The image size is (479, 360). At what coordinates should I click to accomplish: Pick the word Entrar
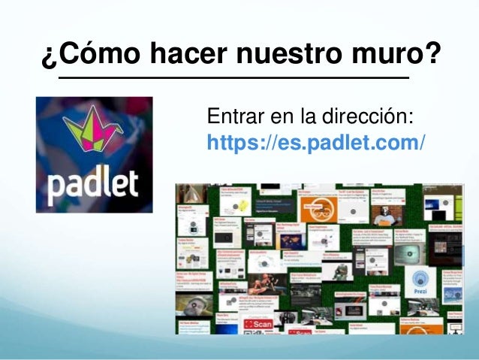[230, 118]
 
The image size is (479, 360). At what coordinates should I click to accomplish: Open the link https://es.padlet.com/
[315, 141]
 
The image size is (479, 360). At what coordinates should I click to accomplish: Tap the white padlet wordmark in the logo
[94, 183]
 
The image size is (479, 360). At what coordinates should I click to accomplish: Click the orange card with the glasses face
[312, 209]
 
